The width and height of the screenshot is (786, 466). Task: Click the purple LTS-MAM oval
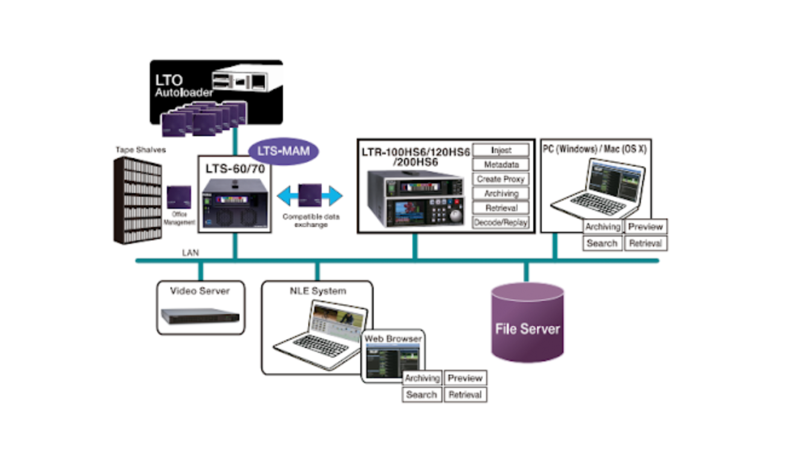click(284, 151)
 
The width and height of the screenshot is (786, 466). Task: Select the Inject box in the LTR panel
click(501, 150)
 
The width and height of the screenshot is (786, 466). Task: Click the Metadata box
click(501, 165)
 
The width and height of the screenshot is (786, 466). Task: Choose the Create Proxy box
click(501, 179)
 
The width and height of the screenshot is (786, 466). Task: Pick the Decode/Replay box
click(501, 222)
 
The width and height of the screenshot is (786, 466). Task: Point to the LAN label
click(190, 252)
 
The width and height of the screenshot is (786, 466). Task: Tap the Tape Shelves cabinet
click(138, 200)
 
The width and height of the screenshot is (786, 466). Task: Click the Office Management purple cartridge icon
click(179, 197)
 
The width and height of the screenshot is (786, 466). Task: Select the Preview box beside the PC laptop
click(646, 227)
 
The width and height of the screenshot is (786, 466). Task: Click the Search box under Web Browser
click(421, 395)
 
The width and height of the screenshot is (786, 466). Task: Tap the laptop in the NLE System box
click(320, 333)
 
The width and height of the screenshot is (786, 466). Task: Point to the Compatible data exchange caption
click(311, 220)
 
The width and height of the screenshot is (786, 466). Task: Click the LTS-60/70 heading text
click(235, 168)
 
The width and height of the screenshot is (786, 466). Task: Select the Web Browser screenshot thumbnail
click(392, 361)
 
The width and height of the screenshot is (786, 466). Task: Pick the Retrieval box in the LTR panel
click(501, 208)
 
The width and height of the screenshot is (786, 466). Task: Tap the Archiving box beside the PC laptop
click(602, 227)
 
